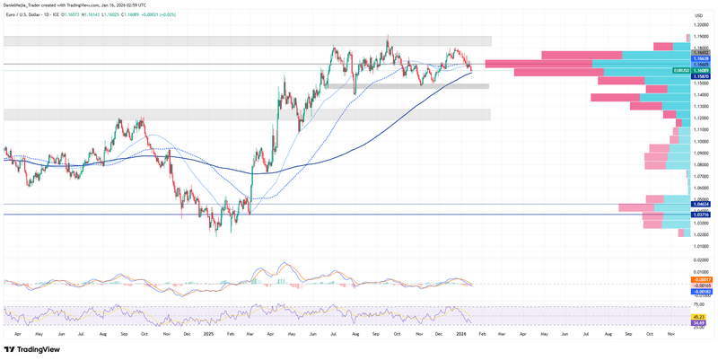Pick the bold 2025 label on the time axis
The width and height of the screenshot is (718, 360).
click(207, 333)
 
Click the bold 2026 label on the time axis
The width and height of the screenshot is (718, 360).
click(460, 333)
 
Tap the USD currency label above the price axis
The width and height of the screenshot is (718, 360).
click(698, 16)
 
